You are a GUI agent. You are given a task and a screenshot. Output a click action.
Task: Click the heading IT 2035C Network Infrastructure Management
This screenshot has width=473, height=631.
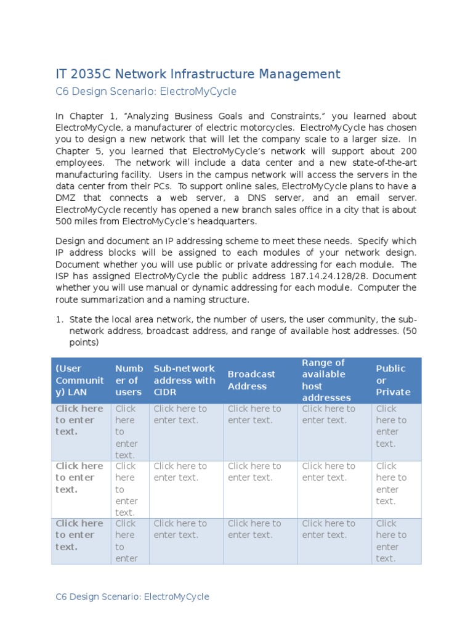tap(197, 75)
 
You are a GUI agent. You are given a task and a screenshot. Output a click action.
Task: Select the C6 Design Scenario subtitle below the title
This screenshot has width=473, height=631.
tap(145, 92)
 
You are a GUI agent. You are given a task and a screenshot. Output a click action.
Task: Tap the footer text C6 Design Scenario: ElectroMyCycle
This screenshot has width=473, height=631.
tap(132, 596)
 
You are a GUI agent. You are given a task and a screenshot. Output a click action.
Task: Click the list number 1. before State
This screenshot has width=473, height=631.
tap(60, 319)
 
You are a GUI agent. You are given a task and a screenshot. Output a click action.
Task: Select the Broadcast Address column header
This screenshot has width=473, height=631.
tap(251, 380)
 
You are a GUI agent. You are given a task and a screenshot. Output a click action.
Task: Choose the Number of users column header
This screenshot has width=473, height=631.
tap(129, 380)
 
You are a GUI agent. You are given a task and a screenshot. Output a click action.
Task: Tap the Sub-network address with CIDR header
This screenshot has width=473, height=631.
tap(185, 380)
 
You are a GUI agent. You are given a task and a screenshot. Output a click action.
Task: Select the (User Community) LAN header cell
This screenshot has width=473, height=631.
tap(79, 380)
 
